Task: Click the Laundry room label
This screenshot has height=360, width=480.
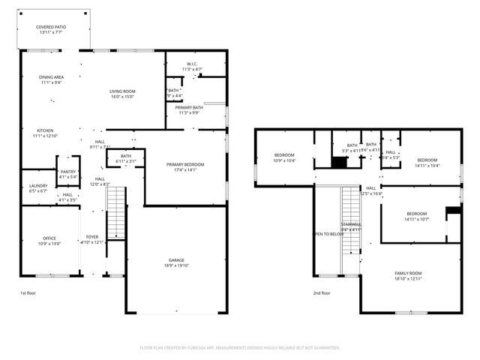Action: click(x=37, y=188)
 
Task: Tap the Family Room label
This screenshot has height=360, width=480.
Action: click(x=409, y=275)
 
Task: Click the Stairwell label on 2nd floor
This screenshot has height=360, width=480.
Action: click(x=351, y=226)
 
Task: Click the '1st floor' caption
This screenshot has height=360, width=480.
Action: click(x=29, y=293)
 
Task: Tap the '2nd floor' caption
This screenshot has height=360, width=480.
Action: click(x=321, y=293)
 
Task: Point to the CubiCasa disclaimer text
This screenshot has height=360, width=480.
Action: click(x=240, y=348)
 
